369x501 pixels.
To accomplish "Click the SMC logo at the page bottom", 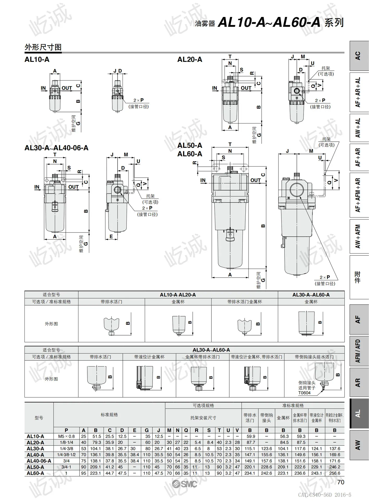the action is pyautogui.click(x=184, y=484).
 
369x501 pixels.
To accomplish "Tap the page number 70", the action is pyautogui.click(x=341, y=482).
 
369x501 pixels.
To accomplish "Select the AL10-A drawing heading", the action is pyautogui.click(x=37, y=59).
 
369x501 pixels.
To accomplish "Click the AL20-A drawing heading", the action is pyautogui.click(x=190, y=59).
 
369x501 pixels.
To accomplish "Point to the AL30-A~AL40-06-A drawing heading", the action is pyautogui.click(x=57, y=148).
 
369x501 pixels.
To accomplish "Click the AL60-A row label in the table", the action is pyautogui.click(x=35, y=473).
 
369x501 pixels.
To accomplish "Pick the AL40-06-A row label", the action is pyautogui.click(x=39, y=461).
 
